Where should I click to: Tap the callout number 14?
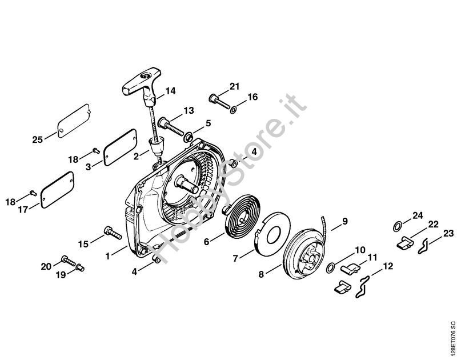(x=171, y=91)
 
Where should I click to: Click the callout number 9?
(x=344, y=221)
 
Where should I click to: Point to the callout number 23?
(x=448, y=233)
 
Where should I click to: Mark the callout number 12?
(x=388, y=266)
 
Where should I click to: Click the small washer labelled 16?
(x=233, y=108)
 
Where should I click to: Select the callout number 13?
(x=189, y=110)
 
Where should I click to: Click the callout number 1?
(x=107, y=256)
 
